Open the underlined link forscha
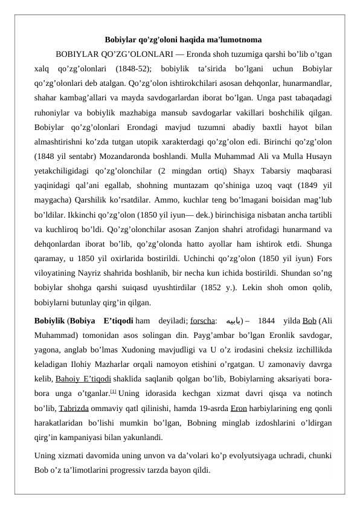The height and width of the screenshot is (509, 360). point(203,320)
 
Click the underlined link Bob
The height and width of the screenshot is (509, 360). point(309,320)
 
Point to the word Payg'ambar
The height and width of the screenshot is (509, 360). point(170,333)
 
